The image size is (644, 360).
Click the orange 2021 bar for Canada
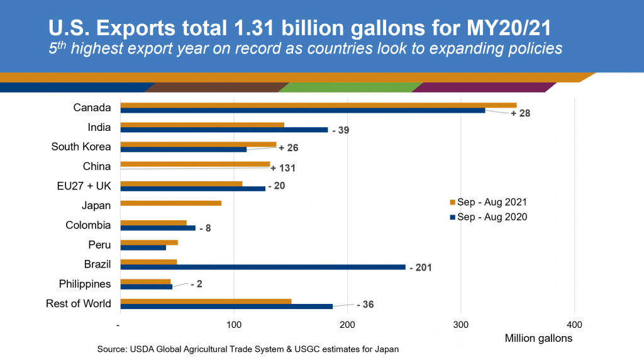[318, 105]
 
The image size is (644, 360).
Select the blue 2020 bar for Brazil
[263, 267]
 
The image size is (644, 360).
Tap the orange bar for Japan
[170, 203]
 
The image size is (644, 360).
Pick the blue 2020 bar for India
[224, 130]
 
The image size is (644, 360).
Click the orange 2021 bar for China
[195, 164]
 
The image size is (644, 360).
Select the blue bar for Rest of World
[226, 307]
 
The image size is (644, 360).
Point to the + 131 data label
[283, 168]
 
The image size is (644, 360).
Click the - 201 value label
[420, 267]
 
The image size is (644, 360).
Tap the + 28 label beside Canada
[520, 114]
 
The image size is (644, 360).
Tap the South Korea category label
[81, 147]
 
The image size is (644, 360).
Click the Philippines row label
[85, 284]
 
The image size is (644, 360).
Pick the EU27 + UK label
[84, 186]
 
